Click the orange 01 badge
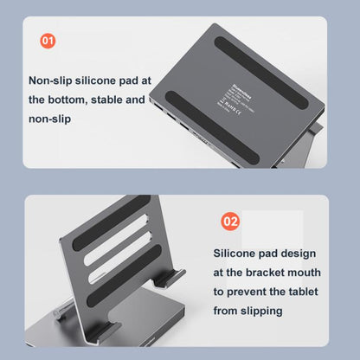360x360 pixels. (x=48, y=40)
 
